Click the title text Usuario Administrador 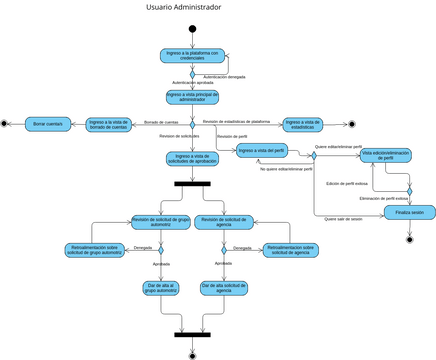pos(184,7)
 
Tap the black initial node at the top pos(192,28)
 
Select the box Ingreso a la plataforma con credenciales pos(192,56)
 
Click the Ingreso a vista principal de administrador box pos(192,97)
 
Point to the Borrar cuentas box pos(47,124)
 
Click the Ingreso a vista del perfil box pos(262,151)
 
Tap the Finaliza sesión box pos(409,213)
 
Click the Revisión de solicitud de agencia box pos(224,222)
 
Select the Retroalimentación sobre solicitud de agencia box pos(294,250)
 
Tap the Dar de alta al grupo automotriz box pos(159,288)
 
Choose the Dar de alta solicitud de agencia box pos(224,288)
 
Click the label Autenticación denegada pos(224,76)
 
